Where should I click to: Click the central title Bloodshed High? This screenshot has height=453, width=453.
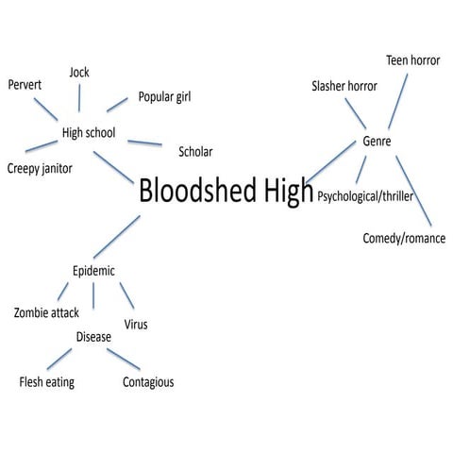click(226, 192)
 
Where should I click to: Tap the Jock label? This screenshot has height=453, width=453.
click(79, 73)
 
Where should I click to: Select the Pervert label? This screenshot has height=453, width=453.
click(25, 85)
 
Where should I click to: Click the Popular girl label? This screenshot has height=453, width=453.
click(170, 96)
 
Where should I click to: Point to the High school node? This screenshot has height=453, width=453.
click(89, 133)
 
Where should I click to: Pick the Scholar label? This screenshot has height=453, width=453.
click(195, 152)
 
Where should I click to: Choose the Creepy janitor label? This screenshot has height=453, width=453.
click(40, 168)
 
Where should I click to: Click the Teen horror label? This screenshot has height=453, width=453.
click(412, 60)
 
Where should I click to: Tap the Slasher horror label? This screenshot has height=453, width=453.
click(344, 86)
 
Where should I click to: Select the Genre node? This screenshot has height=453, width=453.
click(377, 142)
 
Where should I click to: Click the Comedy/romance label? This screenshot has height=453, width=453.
click(404, 239)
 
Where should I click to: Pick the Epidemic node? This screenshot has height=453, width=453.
click(93, 271)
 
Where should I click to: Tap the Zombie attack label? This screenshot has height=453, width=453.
click(46, 312)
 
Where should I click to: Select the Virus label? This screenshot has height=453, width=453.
click(136, 325)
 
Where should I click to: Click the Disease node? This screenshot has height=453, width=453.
click(93, 336)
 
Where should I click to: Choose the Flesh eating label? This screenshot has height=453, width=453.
click(46, 382)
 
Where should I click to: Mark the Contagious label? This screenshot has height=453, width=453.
click(148, 382)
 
